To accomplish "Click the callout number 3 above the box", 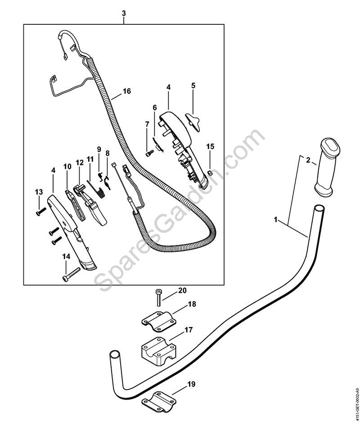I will [124, 13].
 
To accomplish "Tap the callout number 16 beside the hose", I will [127, 91].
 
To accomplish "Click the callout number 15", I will [210, 147].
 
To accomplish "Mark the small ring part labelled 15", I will [209, 172].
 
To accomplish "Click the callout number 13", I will [39, 192].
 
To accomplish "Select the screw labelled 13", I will [41, 210].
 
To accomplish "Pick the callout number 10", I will [67, 167].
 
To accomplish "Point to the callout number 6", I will [154, 108].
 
